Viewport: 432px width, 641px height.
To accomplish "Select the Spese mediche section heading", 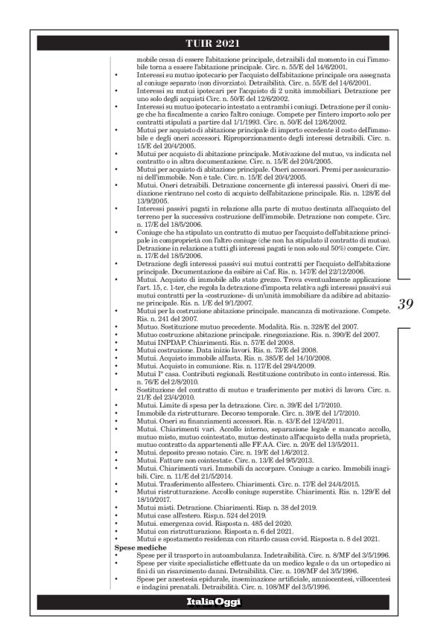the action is [137, 547].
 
